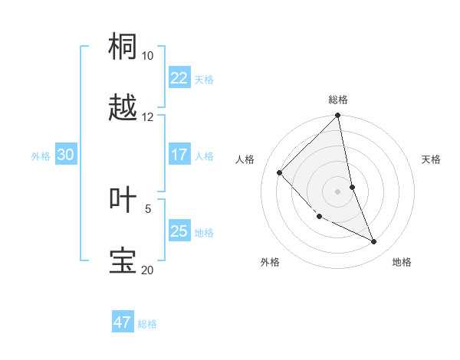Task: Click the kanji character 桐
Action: [123, 46]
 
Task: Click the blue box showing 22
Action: [179, 78]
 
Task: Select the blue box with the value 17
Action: [179, 155]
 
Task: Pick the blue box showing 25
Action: [179, 231]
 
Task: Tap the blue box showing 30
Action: [65, 155]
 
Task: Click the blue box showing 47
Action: [123, 322]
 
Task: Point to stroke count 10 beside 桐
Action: [148, 56]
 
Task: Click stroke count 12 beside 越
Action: [148, 117]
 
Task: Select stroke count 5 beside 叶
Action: [148, 208]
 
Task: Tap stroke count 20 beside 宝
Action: [148, 270]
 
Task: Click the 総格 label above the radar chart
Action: [338, 100]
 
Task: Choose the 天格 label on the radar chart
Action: [431, 159]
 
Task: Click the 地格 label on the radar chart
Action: [402, 262]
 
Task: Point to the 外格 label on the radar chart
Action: [270, 262]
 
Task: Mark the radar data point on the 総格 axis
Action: [338, 116]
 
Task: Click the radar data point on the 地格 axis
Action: [374, 242]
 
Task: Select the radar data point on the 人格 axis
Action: [280, 172]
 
